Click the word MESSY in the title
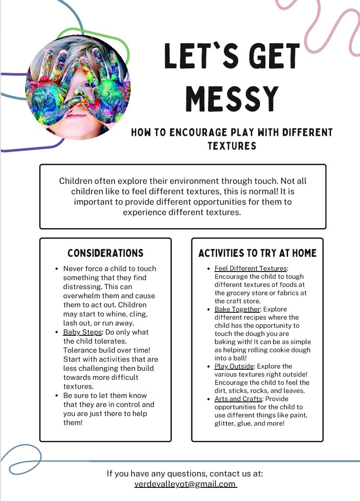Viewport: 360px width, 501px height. pos(232,98)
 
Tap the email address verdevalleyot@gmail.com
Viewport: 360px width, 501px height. pos(185,484)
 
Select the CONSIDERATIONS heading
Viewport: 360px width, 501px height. pos(105,253)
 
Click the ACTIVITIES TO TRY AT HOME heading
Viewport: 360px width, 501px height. pos(257,253)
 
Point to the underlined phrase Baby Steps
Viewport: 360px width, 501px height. pos(83,332)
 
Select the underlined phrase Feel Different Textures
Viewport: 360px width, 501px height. pos(251,268)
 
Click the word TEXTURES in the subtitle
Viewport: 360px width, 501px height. pos(232,146)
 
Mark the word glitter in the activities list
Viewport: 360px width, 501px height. pos(225,423)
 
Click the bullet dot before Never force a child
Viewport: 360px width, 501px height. pos(57,268)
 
